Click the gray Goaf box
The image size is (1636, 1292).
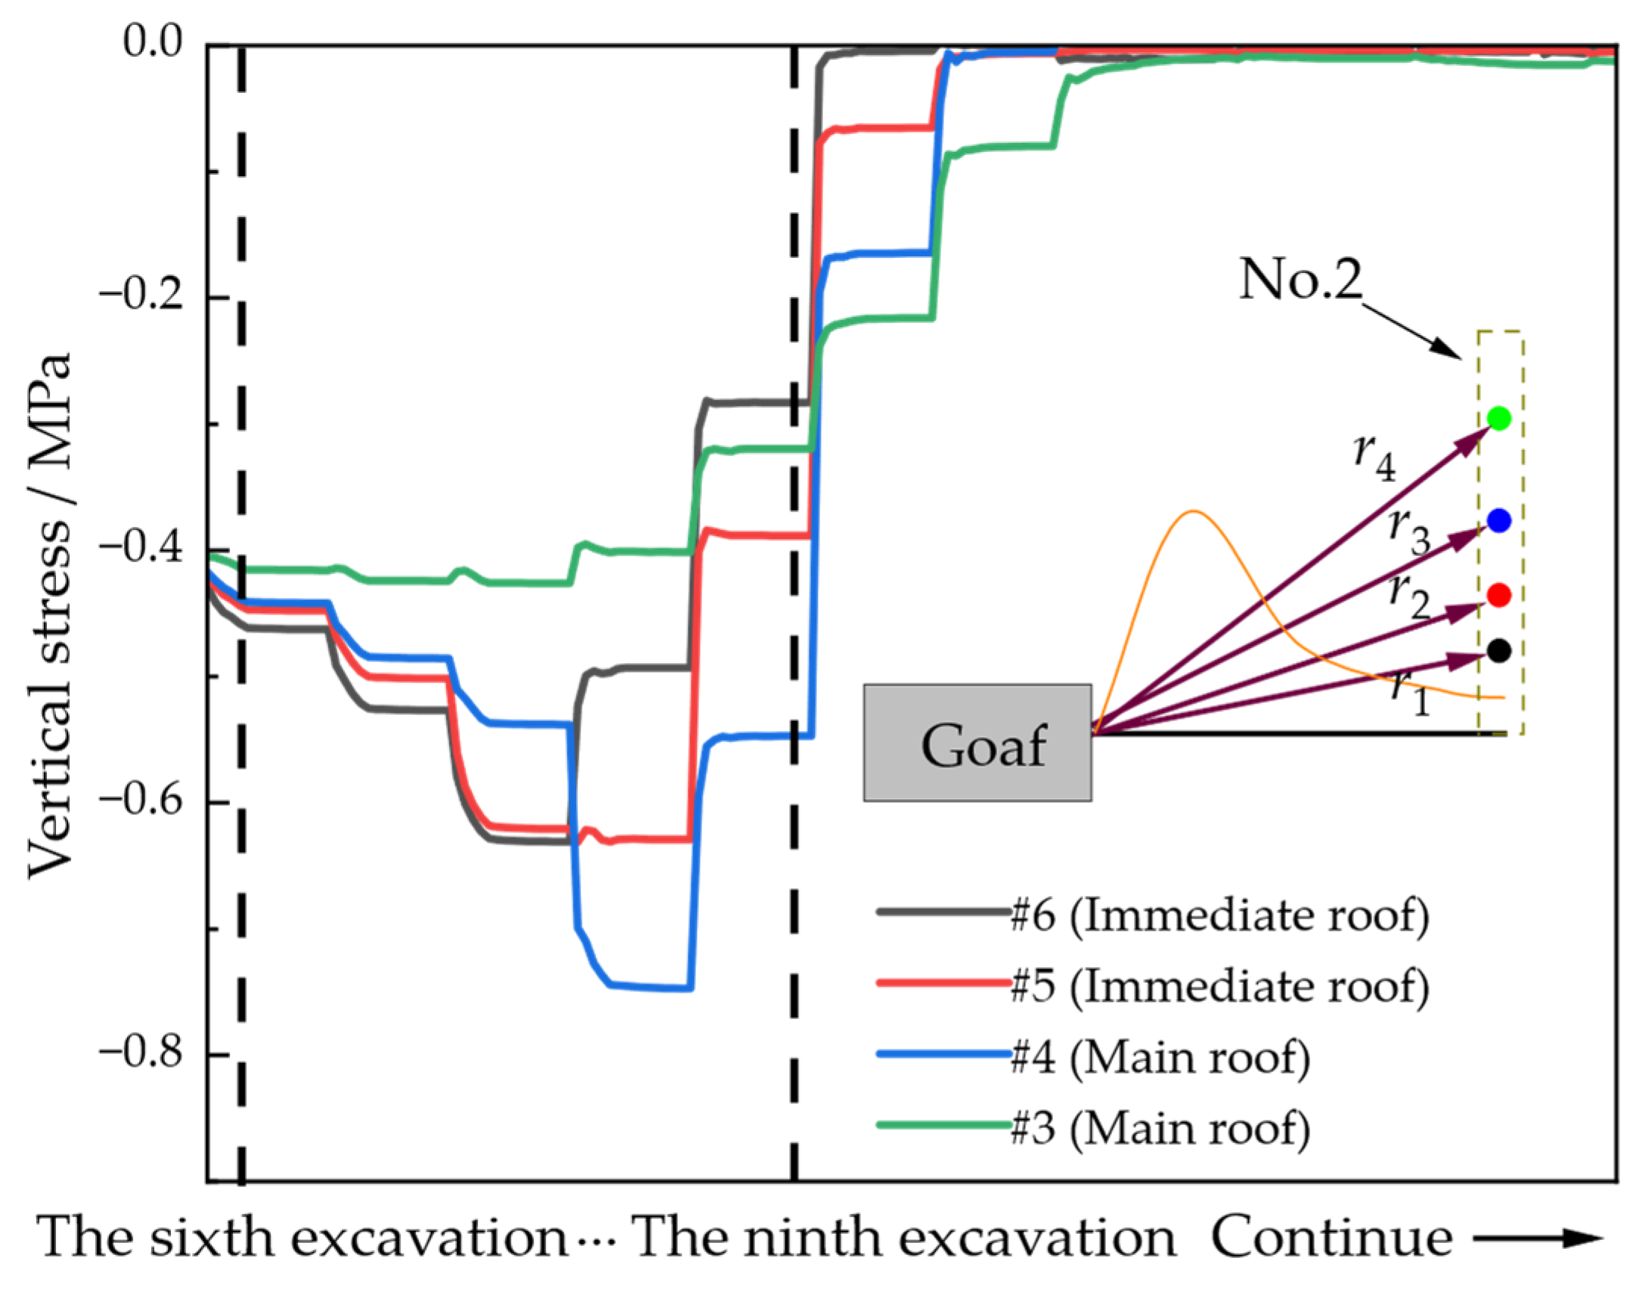(x=978, y=744)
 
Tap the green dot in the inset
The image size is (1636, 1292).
(x=1498, y=418)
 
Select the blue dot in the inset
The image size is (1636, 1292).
(x=1498, y=520)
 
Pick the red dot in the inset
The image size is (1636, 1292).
(x=1498, y=595)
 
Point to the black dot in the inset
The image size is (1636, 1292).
(x=1498, y=651)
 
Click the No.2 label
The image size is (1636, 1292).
(x=1300, y=280)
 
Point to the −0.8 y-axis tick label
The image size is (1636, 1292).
(x=141, y=1053)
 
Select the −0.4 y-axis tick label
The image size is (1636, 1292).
(x=141, y=548)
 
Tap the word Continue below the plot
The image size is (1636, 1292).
(x=1331, y=1238)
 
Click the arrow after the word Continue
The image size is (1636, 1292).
(x=1539, y=1238)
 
